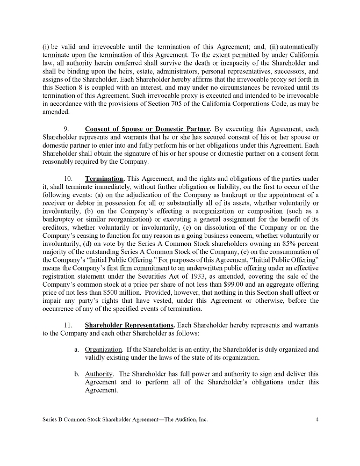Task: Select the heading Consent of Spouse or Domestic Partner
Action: pos(148,129)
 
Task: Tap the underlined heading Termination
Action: pos(105,178)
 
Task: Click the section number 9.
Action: pos(66,129)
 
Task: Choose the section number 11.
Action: pos(68,325)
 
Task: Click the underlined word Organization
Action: pos(103,349)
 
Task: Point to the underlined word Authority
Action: pos(99,374)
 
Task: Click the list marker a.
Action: pos(77,349)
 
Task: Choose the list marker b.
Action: pos(77,374)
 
